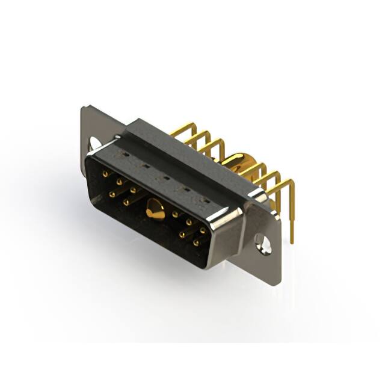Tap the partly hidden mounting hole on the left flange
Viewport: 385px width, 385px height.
point(94,143)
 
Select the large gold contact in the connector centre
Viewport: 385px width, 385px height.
point(155,211)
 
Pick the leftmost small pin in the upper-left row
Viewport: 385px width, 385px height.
point(105,173)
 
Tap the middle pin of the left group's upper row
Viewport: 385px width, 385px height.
point(119,180)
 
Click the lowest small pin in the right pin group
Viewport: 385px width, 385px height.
point(196,243)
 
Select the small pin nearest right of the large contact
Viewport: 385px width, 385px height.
point(175,214)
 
